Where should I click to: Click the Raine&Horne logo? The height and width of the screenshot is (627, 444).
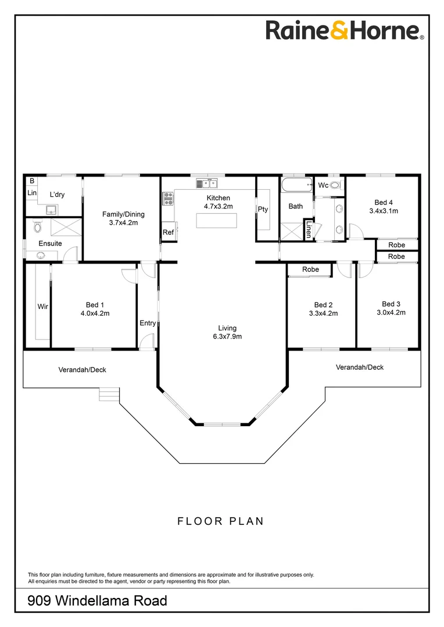(345, 30)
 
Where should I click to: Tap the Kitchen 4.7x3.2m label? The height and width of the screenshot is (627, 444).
(218, 202)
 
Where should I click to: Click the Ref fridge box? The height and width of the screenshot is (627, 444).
(168, 232)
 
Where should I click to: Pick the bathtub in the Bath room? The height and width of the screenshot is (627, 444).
(296, 185)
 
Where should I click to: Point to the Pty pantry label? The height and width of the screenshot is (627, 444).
(263, 209)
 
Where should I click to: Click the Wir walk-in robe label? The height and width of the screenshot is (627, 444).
(42, 307)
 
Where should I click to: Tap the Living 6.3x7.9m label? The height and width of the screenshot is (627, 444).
(224, 332)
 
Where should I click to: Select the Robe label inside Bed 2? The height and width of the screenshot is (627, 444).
(310, 270)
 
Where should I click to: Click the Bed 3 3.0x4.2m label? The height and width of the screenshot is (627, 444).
(391, 308)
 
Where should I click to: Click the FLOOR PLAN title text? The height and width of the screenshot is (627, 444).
(220, 521)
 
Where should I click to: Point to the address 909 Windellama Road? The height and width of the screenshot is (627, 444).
(97, 601)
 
